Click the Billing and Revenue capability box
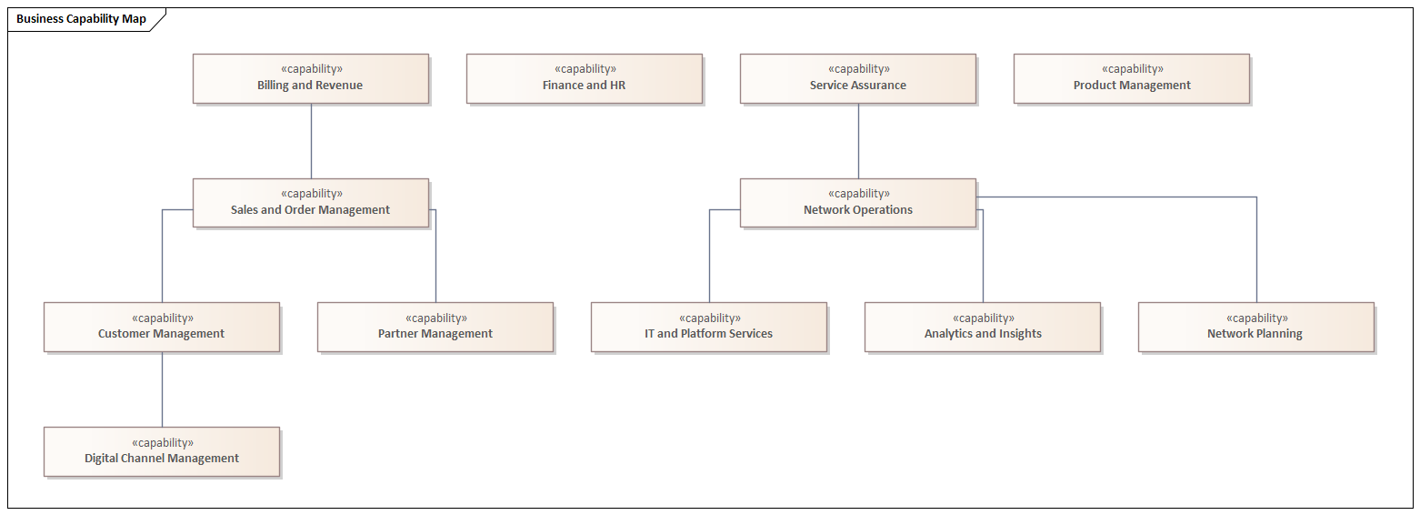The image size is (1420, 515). click(310, 78)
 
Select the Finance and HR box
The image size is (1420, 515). click(584, 78)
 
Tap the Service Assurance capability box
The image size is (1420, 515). click(857, 78)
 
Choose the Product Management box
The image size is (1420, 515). click(1131, 78)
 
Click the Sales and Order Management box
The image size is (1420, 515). click(310, 203)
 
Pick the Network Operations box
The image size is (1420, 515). click(857, 203)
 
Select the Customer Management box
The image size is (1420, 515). click(161, 327)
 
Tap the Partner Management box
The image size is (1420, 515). click(435, 327)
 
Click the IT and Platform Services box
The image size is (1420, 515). click(708, 327)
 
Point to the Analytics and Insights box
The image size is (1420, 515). click(982, 327)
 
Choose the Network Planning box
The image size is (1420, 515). click(1255, 327)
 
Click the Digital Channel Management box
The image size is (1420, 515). click(161, 451)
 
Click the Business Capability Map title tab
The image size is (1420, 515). click(81, 19)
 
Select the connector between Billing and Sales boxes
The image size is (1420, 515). click(311, 141)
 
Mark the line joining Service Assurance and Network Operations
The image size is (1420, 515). click(858, 141)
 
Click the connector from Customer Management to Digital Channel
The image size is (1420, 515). click(163, 389)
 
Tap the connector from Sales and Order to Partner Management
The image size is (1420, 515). click(435, 259)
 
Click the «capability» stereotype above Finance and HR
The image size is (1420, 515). click(585, 69)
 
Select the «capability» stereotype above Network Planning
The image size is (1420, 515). click(1256, 318)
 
